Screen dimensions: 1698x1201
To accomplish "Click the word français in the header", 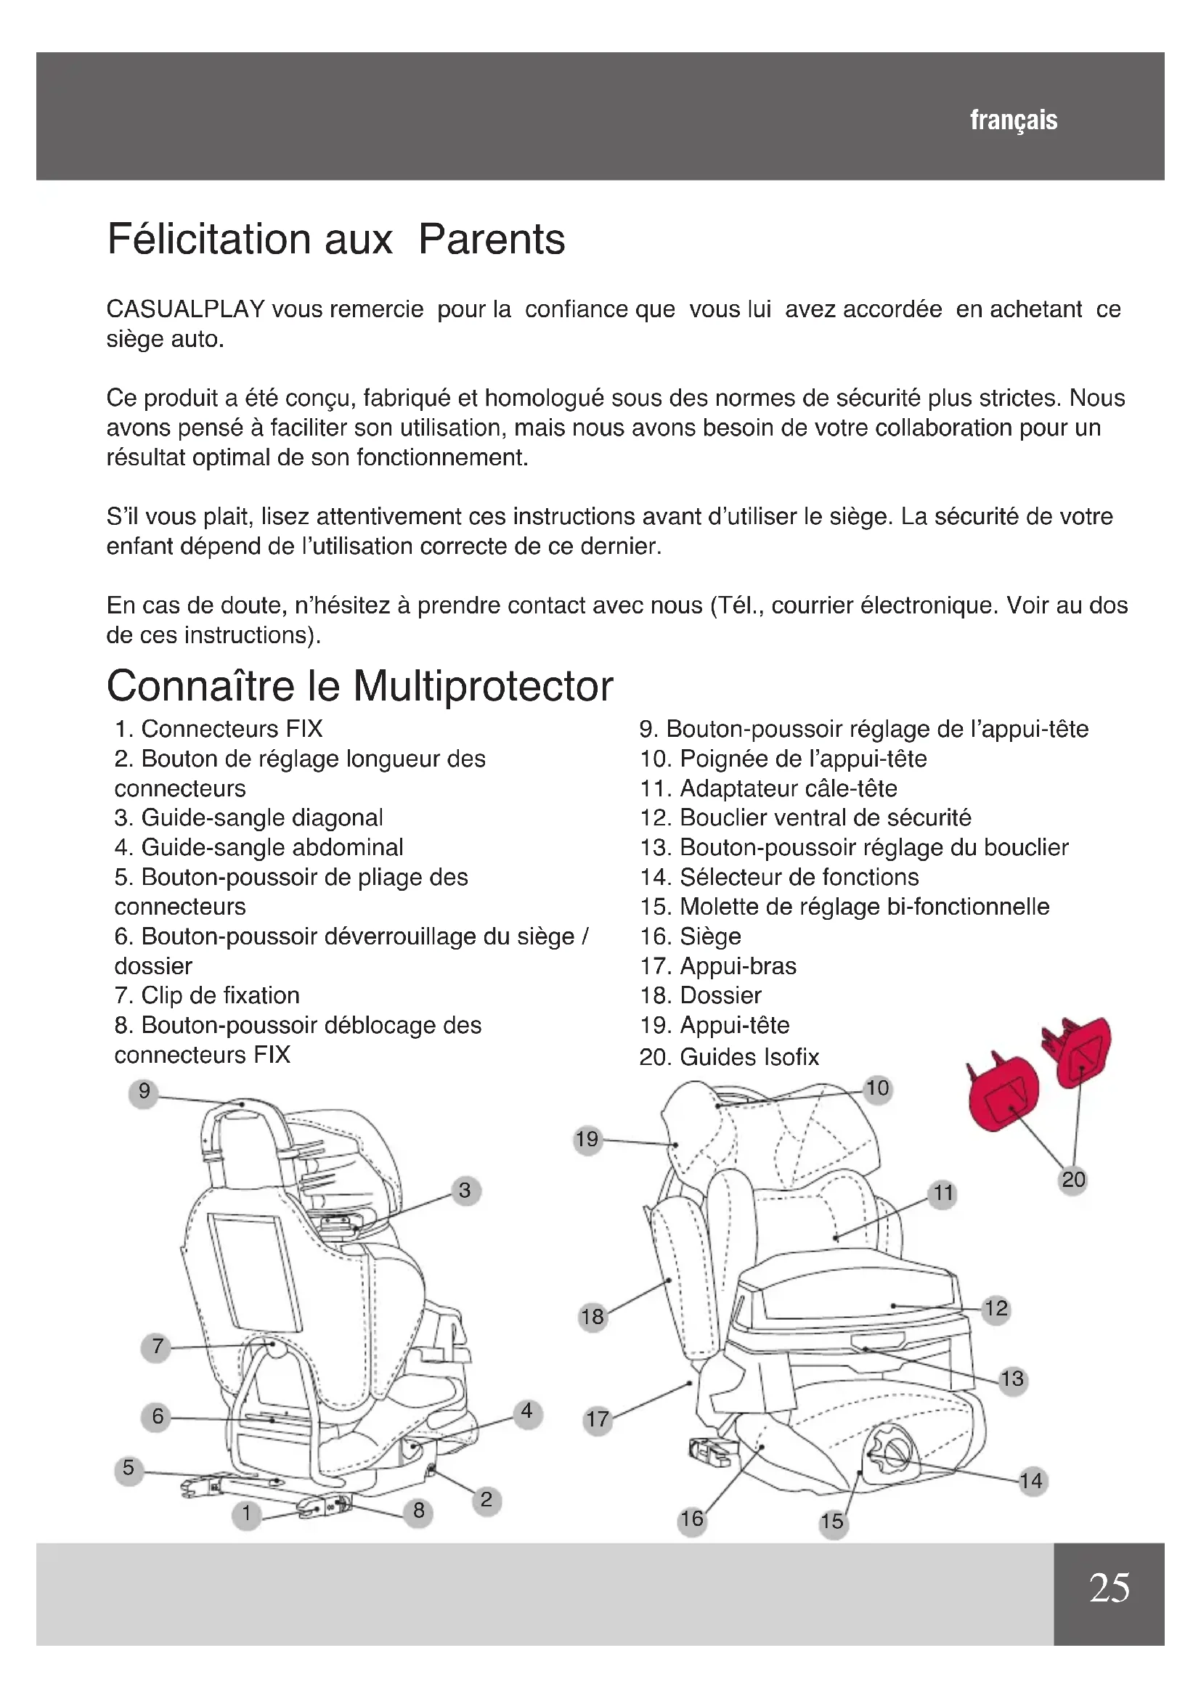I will coord(1013,120).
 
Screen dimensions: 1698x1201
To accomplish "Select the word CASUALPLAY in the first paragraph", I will coord(186,309).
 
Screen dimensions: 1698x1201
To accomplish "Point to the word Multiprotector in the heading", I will coord(483,686).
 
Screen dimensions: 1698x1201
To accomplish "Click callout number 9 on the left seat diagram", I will coord(144,1091).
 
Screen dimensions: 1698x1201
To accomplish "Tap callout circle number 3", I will coord(465,1191).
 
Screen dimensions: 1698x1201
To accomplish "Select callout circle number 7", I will coord(157,1346).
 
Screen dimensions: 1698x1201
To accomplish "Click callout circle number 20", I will coord(1073,1180).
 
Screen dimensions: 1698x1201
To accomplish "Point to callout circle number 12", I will coord(996,1308).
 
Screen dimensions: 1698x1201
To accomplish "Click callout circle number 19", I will coord(587,1139).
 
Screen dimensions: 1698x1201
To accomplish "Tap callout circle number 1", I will coord(247,1513).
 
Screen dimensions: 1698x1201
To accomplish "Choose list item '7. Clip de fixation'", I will coord(207,995).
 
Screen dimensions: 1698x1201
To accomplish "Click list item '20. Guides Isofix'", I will coord(729,1057).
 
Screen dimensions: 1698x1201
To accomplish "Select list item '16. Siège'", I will coord(690,936).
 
